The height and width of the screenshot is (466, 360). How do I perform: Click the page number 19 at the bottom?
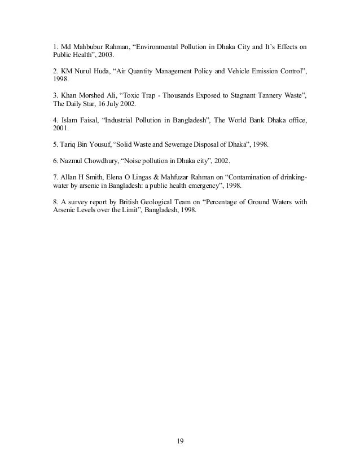click(x=179, y=439)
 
